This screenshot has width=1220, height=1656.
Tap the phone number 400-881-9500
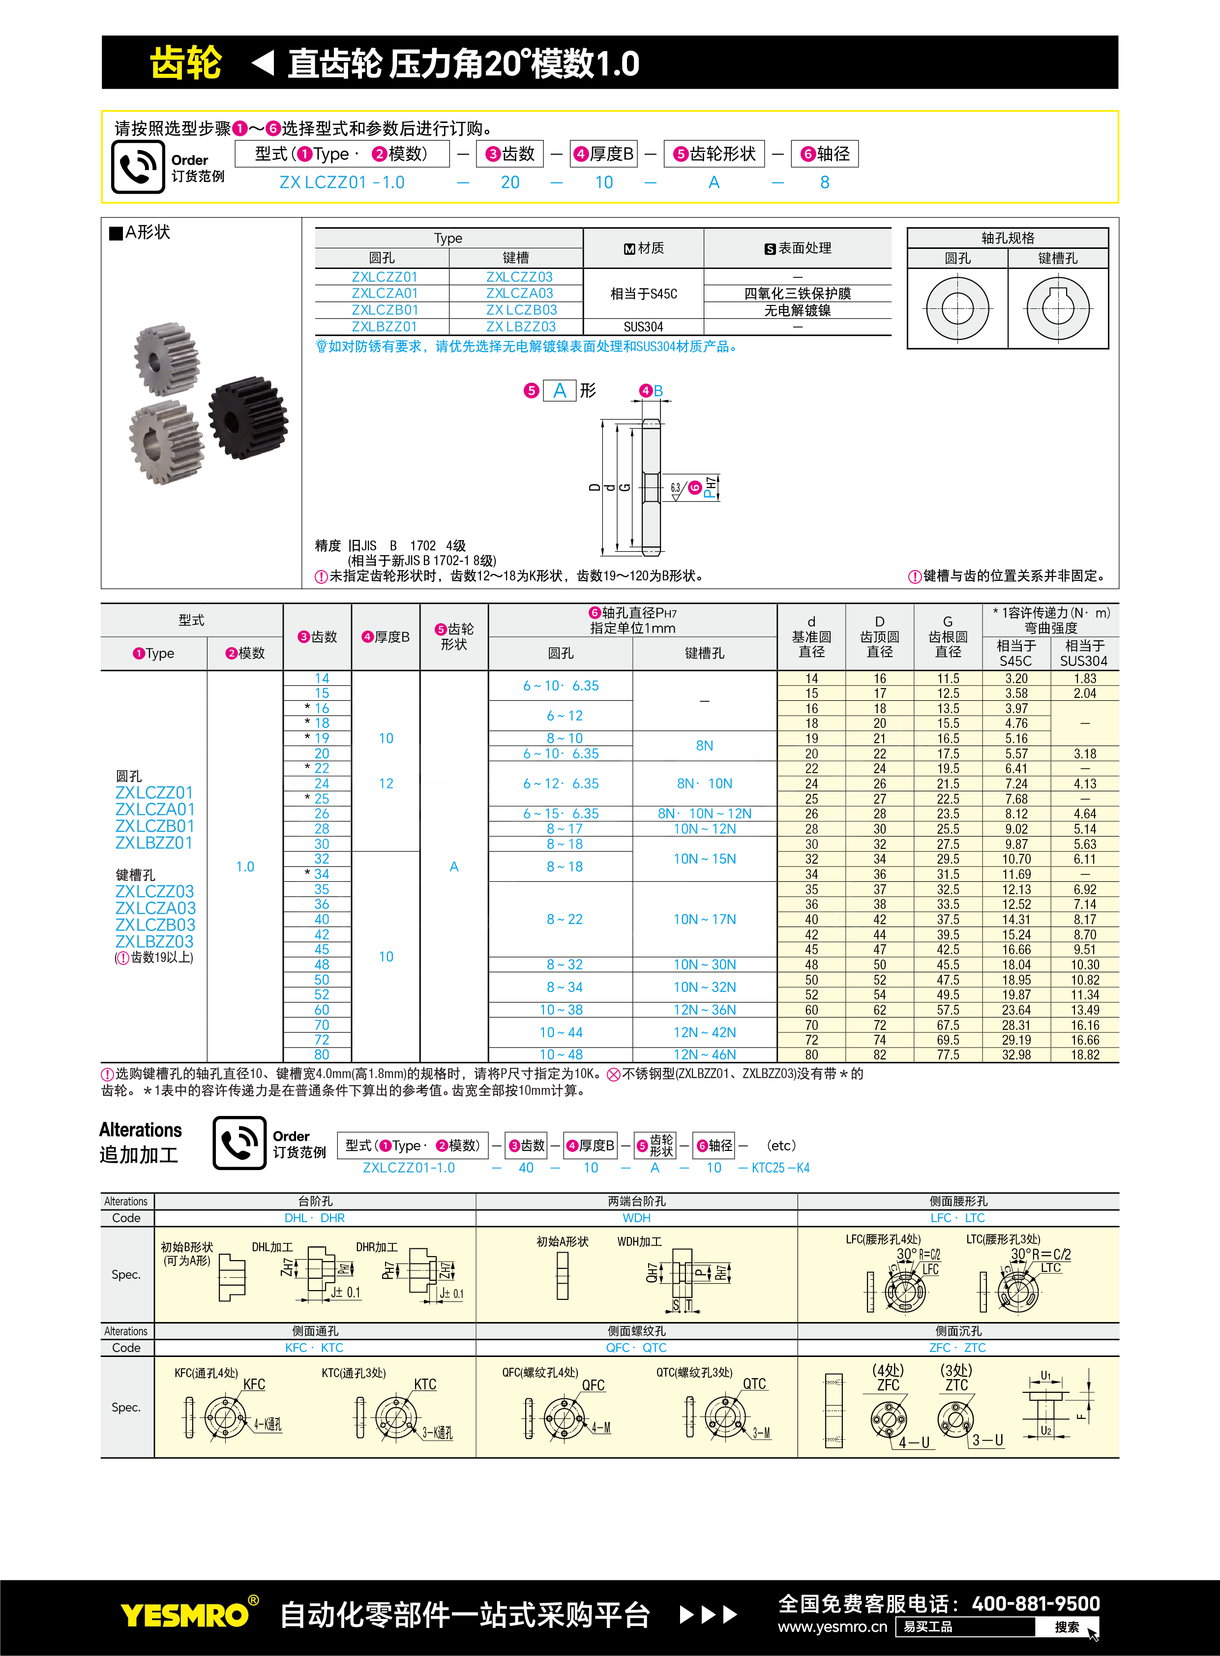tap(1036, 1603)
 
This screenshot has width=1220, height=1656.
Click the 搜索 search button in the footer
tap(1067, 1626)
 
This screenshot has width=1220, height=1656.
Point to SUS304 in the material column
tap(643, 327)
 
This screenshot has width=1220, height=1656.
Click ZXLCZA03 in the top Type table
tap(519, 293)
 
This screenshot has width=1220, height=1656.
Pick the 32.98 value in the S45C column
tap(1016, 1055)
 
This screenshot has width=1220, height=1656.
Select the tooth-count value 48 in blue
tap(322, 964)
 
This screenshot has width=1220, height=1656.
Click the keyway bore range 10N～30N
tap(705, 964)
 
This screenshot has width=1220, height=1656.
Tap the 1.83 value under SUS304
tap(1085, 678)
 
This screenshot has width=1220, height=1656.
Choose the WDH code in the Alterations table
tap(637, 1218)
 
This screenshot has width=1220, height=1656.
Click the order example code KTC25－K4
tap(780, 1168)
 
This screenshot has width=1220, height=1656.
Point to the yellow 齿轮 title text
tap(185, 63)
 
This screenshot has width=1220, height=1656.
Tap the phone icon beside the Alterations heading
tap(239, 1143)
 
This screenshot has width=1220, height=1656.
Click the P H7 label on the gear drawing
tap(710, 487)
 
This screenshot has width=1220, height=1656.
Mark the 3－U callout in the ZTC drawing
tap(987, 1440)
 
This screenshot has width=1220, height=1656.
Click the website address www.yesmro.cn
tap(833, 1626)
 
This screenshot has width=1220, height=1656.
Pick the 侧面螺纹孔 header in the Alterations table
tap(637, 1331)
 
